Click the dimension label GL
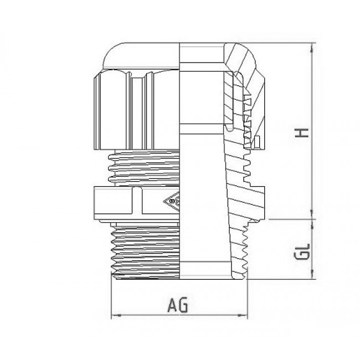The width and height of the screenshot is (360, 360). pyautogui.click(x=302, y=251)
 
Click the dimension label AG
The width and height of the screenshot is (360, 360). pyautogui.click(x=178, y=305)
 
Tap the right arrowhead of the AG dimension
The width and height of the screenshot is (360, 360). pyautogui.click(x=243, y=316)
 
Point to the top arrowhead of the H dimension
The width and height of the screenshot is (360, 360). pyautogui.click(x=312, y=48)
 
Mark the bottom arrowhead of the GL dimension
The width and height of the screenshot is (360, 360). pyautogui.click(x=312, y=274)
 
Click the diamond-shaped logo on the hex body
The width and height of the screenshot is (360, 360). pyautogui.click(x=172, y=202)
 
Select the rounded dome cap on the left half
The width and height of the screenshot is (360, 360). pyautogui.click(x=141, y=55)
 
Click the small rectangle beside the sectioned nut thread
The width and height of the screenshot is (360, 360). pyautogui.click(x=258, y=142)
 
